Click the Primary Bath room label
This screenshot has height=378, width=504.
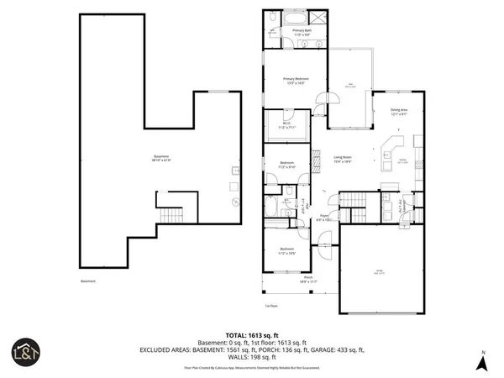(300, 32)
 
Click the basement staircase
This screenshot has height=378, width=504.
(171, 216)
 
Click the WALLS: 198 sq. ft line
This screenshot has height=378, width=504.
(252, 358)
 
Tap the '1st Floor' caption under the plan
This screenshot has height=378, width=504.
(270, 306)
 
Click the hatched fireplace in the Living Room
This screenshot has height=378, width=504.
(317, 159)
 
